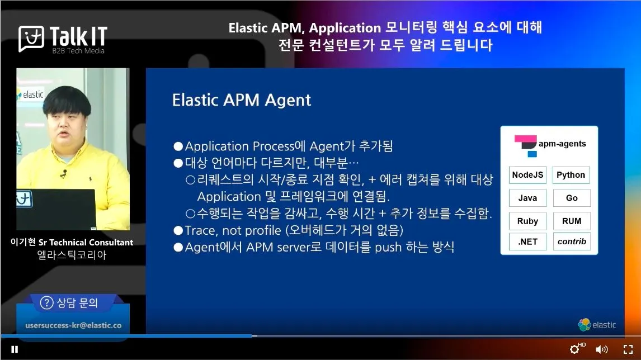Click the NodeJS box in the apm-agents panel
point(527,175)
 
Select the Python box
point(571,175)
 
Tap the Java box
point(527,198)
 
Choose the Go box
point(572,198)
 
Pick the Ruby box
point(527,221)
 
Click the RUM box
point(572,221)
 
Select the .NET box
point(527,241)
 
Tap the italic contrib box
point(572,241)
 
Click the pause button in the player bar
point(15,349)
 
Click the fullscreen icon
point(628,349)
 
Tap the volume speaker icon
point(601,349)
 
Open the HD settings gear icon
point(575,349)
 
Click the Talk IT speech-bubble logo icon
point(31,39)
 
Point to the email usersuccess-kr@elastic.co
point(74,325)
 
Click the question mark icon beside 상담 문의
point(46,303)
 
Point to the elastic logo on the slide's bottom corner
point(597,325)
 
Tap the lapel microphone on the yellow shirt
point(63,174)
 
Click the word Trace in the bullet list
point(200,230)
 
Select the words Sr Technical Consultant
point(86,242)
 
